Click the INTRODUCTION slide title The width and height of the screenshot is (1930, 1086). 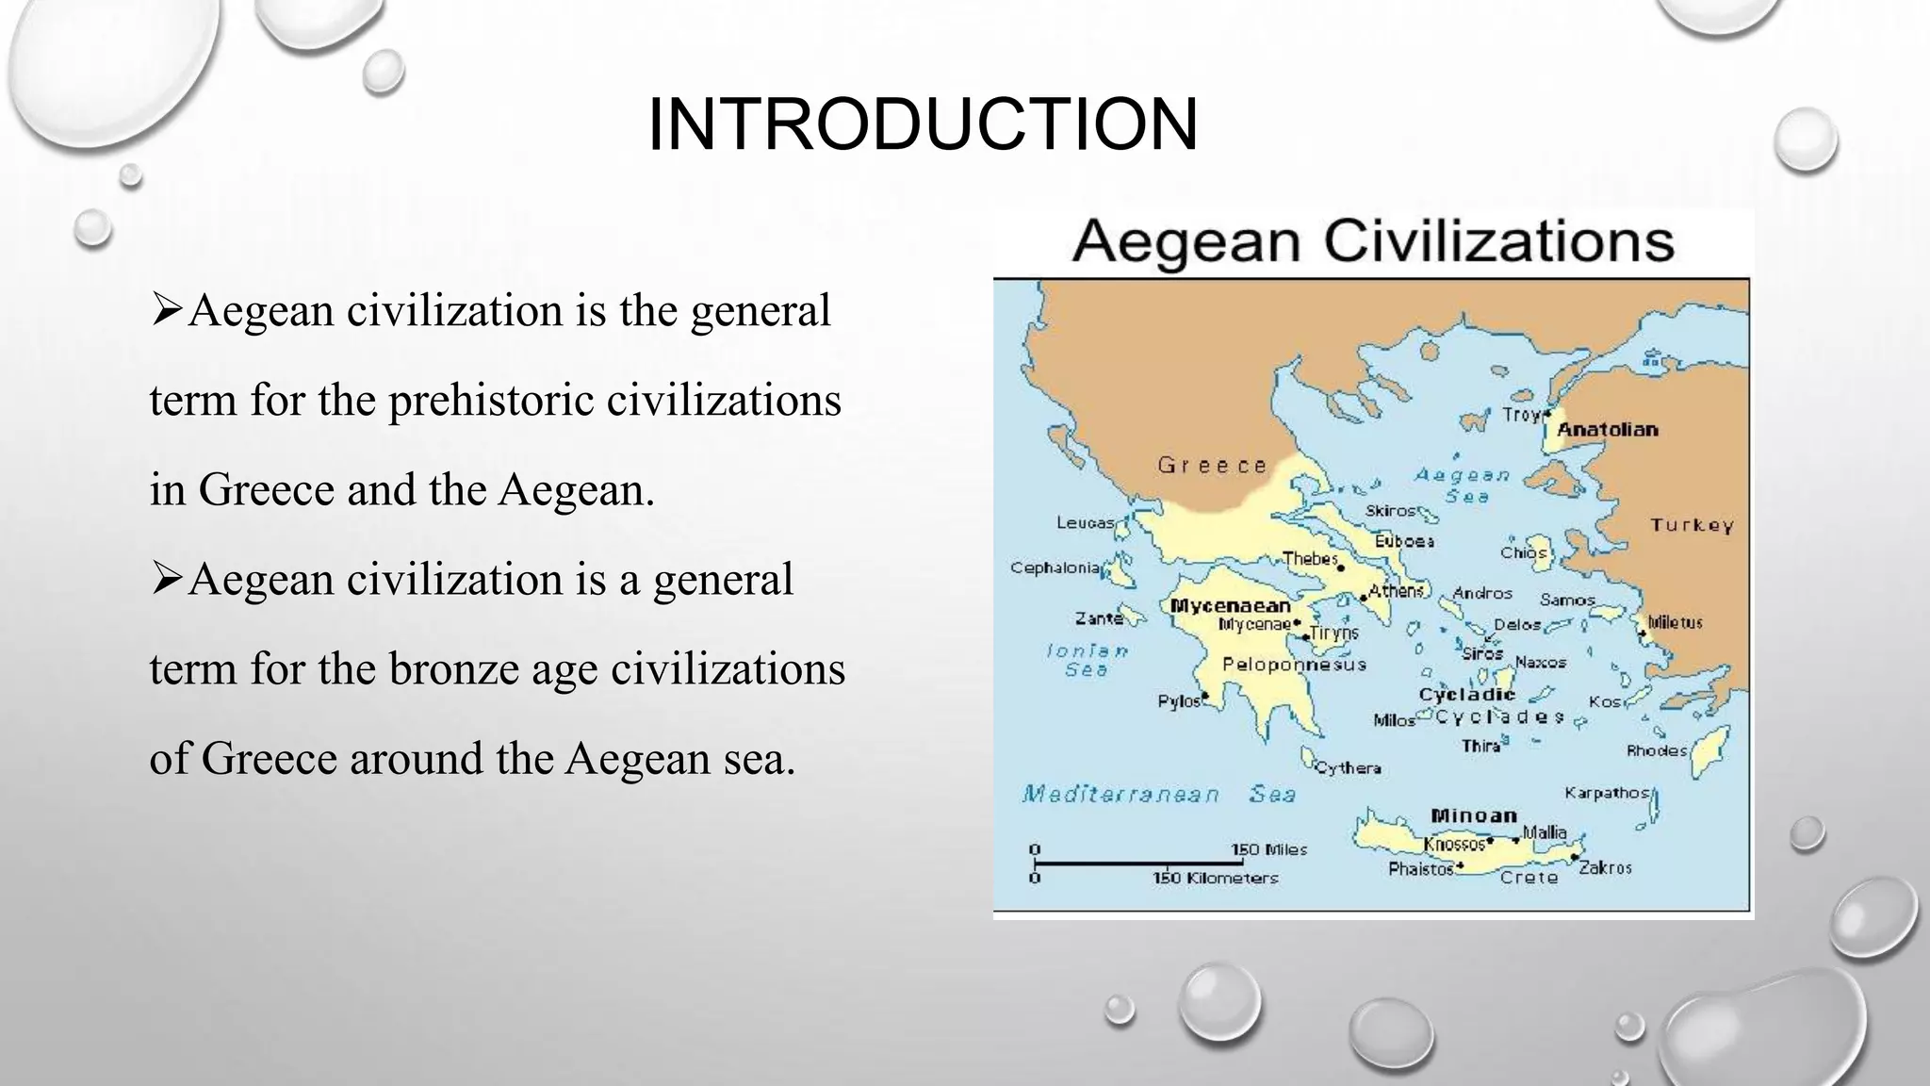click(x=923, y=124)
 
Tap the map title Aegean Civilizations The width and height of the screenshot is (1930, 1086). click(x=1373, y=241)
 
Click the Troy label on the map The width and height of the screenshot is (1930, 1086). click(x=1520, y=415)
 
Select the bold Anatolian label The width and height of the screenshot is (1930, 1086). click(x=1607, y=430)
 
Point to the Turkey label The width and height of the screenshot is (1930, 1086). click(x=1692, y=525)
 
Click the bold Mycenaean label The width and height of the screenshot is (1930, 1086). click(x=1230, y=606)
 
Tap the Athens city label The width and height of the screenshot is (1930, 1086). click(x=1396, y=591)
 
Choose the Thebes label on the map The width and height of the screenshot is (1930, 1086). click(x=1310, y=559)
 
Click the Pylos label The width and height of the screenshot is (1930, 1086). click(x=1178, y=701)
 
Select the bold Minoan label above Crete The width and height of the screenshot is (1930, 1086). click(x=1474, y=815)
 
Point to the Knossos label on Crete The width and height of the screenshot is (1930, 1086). click(x=1454, y=843)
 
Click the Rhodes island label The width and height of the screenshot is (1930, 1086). click(x=1656, y=750)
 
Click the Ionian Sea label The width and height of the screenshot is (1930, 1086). click(x=1087, y=660)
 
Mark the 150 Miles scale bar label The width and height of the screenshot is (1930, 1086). click(x=1269, y=849)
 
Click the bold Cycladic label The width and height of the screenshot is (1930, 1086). click(x=1466, y=695)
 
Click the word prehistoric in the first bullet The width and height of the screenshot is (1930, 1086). click(x=491, y=400)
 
